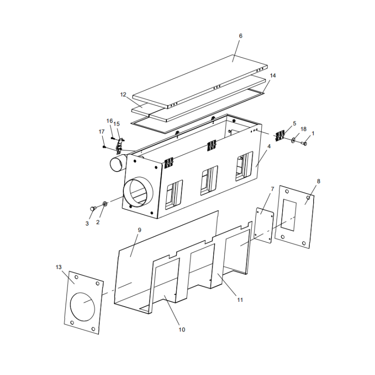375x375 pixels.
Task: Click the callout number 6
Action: (240, 36)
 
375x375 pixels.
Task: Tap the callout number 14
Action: (273, 75)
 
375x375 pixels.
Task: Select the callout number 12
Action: (123, 95)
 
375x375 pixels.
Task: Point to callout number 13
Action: (59, 267)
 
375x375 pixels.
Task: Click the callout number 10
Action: (182, 330)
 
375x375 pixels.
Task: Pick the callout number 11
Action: (240, 300)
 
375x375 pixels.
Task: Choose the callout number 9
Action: (139, 230)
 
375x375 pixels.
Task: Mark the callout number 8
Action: (318, 181)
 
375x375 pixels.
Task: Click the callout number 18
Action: (303, 129)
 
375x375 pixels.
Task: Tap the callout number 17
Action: (102, 132)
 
